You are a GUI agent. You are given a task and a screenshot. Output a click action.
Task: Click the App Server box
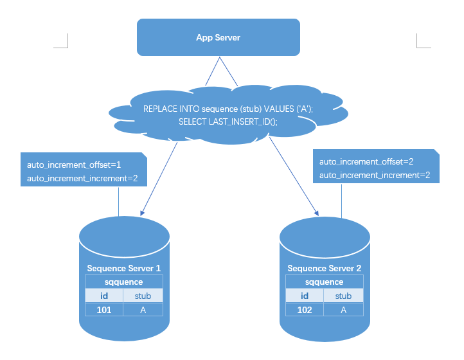pos(219,37)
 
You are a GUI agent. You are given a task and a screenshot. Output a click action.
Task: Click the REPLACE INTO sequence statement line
pos(228,109)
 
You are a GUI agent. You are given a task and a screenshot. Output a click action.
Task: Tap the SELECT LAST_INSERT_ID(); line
pos(228,122)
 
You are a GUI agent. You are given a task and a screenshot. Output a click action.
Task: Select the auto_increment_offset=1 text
pos(74,165)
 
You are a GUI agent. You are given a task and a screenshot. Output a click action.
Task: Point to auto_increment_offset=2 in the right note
pos(366,161)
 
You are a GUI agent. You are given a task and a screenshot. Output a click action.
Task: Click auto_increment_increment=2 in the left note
pos(82,178)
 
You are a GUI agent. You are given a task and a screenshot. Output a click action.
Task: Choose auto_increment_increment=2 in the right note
pos(375,175)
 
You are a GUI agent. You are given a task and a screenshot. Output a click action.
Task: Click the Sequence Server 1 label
pos(123,268)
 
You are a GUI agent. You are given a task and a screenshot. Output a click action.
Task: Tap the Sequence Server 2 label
pos(325,268)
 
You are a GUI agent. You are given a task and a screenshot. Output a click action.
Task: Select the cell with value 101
pos(104,310)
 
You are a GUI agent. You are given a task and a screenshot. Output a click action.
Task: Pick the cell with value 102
pos(305,310)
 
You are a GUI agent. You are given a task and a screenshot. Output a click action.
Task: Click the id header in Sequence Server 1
pos(104,296)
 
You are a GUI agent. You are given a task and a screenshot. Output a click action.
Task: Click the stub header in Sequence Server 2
pos(343,296)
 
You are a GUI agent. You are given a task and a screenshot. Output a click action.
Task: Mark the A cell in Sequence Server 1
pos(143,310)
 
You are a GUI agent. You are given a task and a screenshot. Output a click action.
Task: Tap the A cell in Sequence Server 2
pos(343,310)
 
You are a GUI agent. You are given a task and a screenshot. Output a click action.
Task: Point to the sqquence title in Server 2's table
pos(325,282)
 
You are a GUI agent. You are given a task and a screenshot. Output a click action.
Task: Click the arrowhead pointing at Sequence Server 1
pos(142,213)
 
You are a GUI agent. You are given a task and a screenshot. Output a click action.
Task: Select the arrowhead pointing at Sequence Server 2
pos(317,213)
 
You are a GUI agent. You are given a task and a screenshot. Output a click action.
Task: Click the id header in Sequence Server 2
pos(305,296)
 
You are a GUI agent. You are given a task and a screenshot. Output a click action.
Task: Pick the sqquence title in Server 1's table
pos(123,282)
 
